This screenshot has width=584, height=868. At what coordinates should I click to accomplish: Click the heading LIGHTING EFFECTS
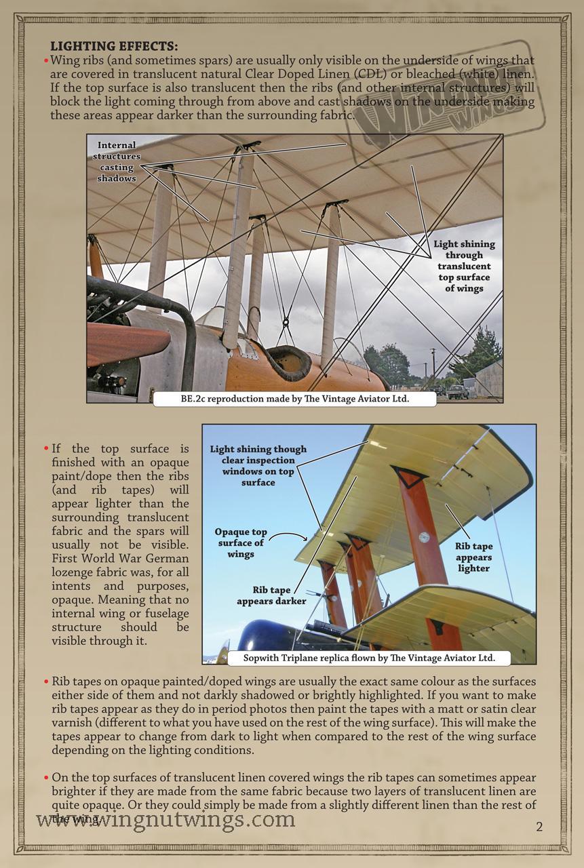pyautogui.click(x=114, y=46)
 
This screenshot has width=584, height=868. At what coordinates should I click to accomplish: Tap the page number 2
pyautogui.click(x=539, y=826)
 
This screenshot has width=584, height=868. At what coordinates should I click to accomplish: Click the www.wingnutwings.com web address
pyautogui.click(x=166, y=820)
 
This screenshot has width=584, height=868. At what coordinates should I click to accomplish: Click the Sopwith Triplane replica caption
pyautogui.click(x=369, y=658)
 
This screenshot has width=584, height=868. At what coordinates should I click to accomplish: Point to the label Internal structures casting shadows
pyautogui.click(x=117, y=161)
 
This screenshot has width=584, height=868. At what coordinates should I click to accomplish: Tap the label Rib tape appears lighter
pyautogui.click(x=473, y=557)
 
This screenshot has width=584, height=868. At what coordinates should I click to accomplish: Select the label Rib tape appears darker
pyautogui.click(x=271, y=595)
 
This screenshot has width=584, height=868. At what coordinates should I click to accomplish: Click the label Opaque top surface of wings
pyautogui.click(x=241, y=543)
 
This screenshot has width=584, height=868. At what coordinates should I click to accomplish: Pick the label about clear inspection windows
pyautogui.click(x=258, y=465)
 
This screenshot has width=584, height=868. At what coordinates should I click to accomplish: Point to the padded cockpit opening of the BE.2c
pyautogui.click(x=286, y=363)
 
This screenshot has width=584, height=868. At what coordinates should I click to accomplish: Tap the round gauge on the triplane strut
pyautogui.click(x=424, y=537)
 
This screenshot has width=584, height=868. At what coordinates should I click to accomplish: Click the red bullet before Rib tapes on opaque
pyautogui.click(x=45, y=681)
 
